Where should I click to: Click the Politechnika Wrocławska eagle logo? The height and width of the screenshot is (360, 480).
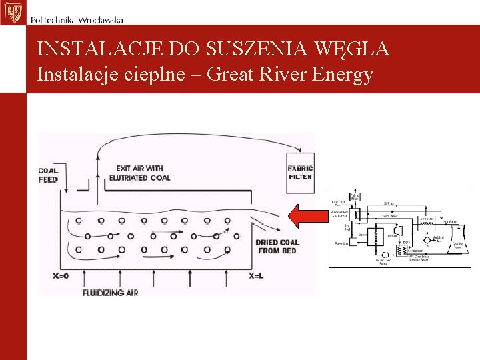[12, 12]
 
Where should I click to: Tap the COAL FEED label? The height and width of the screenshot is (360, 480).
[49, 175]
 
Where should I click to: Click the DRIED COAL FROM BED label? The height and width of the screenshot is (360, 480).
[277, 246]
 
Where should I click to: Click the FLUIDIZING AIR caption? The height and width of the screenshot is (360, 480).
[110, 292]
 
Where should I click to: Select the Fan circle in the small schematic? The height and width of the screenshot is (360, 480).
[427, 240]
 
